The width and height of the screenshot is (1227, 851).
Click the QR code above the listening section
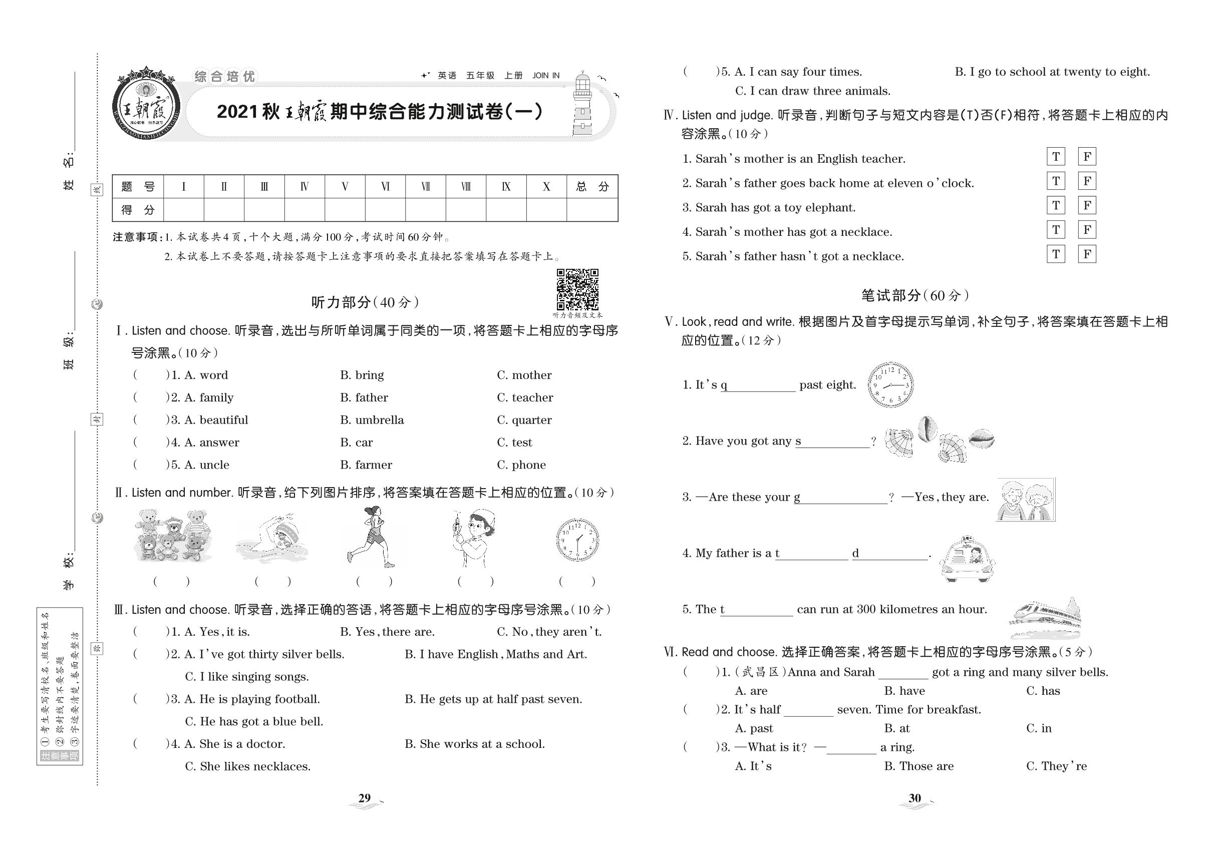[577, 289]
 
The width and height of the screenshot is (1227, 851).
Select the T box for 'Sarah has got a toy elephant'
[1055, 206]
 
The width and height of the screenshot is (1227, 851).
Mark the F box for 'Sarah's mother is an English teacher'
[1087, 157]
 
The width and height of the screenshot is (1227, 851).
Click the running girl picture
[371, 537]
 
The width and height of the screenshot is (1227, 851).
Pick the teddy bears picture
[172, 536]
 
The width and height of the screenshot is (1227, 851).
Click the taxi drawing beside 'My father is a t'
[967, 559]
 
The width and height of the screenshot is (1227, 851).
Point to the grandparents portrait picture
[1025, 500]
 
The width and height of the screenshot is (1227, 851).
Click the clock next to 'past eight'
[890, 384]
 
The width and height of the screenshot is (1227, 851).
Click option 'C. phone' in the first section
[521, 465]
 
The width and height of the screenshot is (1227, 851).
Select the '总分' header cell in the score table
[592, 187]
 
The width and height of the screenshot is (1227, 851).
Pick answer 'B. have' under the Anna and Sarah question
[904, 691]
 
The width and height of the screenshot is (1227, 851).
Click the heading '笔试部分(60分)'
[915, 295]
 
